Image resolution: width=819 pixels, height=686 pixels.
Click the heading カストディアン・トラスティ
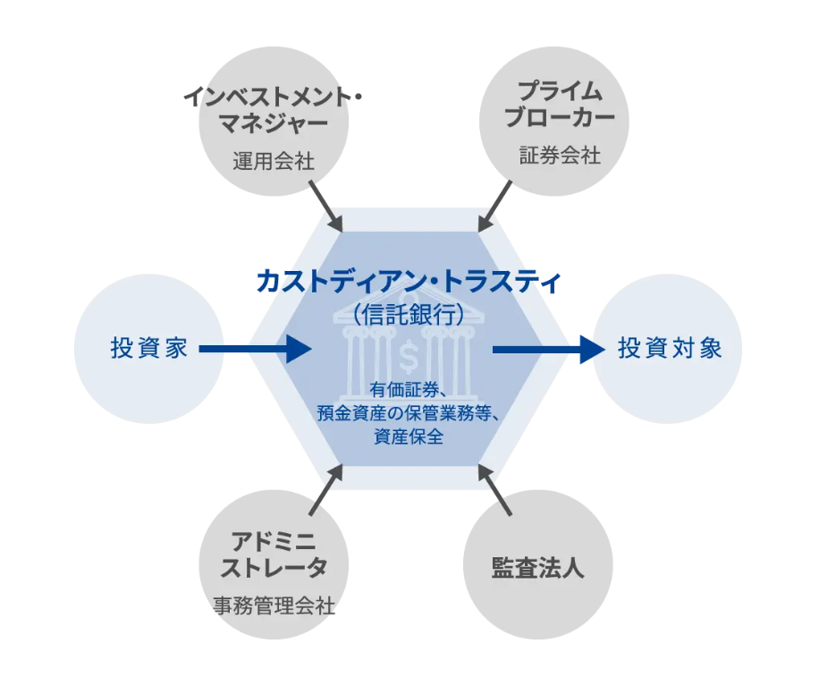(409, 282)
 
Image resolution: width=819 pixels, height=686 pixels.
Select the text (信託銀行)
(408, 314)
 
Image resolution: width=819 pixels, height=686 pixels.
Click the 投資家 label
(149, 348)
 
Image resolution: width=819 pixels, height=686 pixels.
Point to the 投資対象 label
(669, 348)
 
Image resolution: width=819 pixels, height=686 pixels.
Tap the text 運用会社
(274, 162)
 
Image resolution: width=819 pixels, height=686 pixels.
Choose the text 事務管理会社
(274, 606)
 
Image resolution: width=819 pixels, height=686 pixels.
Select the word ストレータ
(274, 567)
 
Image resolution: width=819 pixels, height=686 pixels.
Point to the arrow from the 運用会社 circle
(325, 206)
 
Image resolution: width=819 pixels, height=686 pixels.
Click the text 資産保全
(408, 437)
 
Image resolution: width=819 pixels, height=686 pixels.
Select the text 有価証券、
(408, 391)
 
